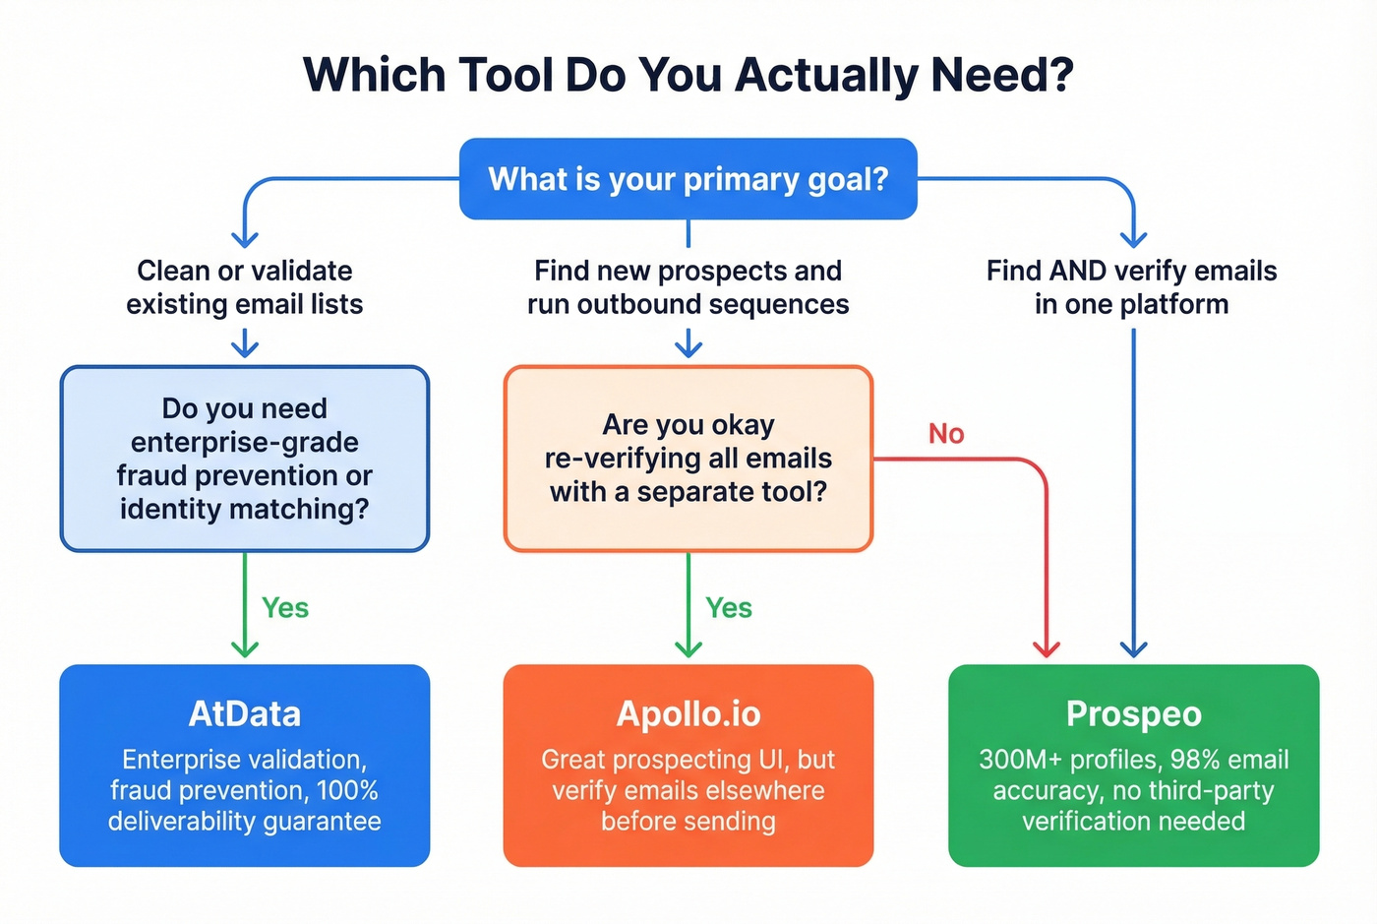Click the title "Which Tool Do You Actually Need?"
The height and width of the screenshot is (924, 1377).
[688, 76]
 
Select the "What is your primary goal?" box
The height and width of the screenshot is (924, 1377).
[688, 179]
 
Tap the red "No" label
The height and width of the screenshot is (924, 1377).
[946, 434]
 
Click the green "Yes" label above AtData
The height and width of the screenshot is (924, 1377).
[285, 608]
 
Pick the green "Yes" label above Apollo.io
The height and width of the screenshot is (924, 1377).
[729, 608]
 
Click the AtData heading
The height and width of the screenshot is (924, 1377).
[245, 713]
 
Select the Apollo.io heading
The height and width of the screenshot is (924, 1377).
[688, 713]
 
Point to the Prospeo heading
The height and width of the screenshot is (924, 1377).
[1133, 713]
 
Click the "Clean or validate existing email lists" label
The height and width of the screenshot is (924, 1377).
[245, 287]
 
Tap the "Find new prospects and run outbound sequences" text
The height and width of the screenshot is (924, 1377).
[688, 287]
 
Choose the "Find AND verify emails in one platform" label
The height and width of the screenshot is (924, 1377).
[1131, 287]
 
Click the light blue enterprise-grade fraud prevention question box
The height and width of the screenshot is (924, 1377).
[245, 459]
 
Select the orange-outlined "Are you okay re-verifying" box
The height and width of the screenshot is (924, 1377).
[688, 459]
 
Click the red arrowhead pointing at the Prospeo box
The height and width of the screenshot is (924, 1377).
[1047, 649]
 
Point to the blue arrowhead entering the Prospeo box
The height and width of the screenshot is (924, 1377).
[1134, 649]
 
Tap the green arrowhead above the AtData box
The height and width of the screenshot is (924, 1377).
[245, 649]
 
